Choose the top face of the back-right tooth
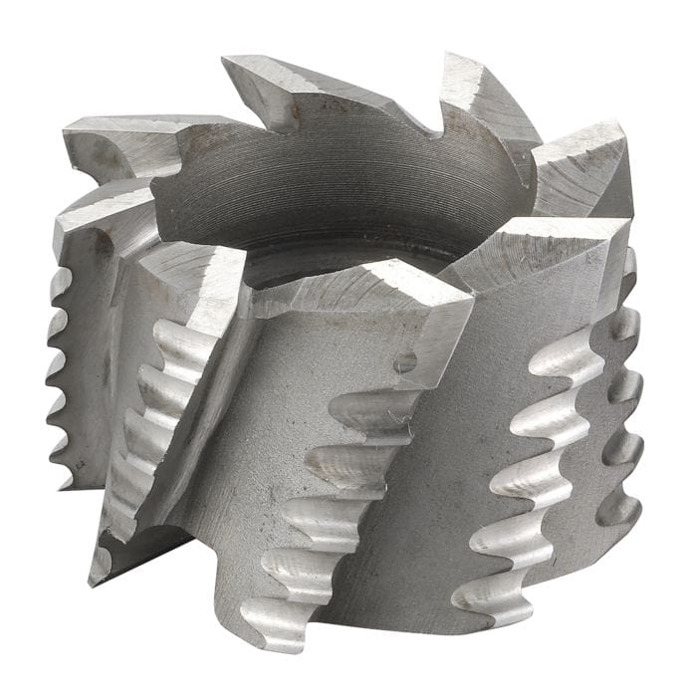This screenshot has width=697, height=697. (x=478, y=85)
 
